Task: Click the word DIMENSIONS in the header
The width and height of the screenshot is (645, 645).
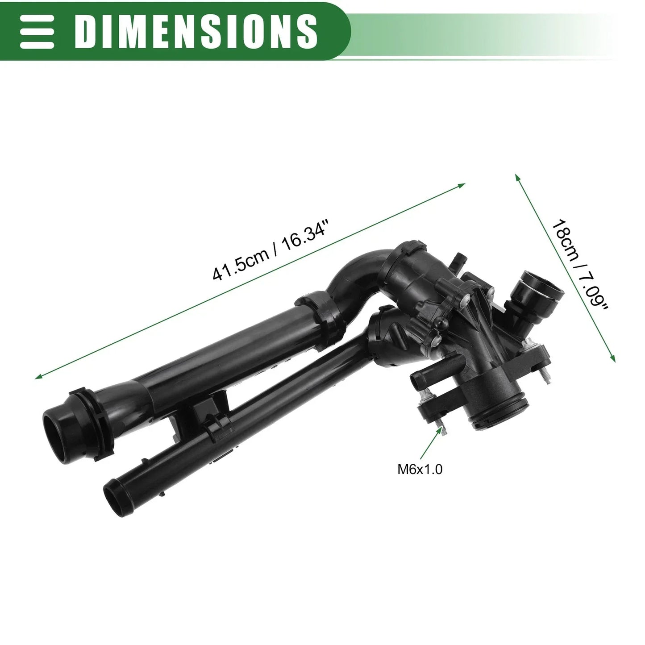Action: click(x=196, y=31)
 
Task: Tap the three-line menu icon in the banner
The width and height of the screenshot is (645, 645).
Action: click(x=37, y=31)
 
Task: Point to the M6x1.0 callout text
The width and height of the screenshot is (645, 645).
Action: click(x=420, y=469)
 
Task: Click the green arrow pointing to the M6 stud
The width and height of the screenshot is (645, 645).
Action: click(x=431, y=442)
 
